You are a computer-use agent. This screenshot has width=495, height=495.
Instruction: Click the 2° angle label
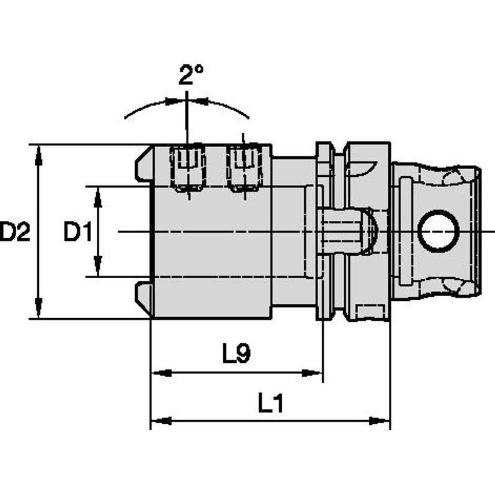(x=191, y=75)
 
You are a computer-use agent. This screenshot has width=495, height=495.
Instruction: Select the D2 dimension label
(x=14, y=232)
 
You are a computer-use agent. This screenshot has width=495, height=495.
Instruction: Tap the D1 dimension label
(x=78, y=232)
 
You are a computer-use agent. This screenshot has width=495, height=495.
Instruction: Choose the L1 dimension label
(x=270, y=403)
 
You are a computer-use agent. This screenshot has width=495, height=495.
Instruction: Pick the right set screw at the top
(x=243, y=168)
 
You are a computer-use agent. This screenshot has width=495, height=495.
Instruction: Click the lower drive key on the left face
(x=144, y=296)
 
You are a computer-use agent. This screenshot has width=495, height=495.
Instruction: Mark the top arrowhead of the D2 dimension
(x=38, y=152)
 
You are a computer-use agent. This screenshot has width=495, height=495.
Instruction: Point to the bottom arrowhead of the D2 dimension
(x=38, y=311)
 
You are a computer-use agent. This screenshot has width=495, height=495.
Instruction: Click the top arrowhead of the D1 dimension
(x=98, y=194)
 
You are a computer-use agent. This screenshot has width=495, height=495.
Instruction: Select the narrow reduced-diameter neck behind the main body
(x=294, y=232)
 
